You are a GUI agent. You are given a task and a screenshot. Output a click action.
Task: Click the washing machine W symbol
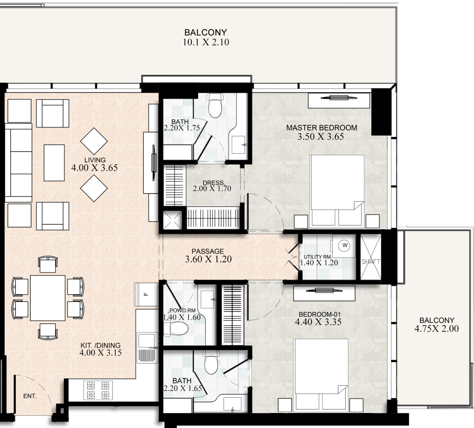click(345, 245)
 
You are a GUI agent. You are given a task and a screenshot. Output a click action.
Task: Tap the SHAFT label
click(371, 261)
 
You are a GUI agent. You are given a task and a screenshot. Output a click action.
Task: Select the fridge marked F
click(146, 294)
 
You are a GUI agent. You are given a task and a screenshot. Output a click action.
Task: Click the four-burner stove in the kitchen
click(98, 390)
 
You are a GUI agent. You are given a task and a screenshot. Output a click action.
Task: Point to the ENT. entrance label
click(30, 396)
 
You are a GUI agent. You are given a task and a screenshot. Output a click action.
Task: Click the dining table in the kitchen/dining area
click(48, 298)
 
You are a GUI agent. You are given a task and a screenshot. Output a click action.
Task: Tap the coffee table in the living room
click(54, 163)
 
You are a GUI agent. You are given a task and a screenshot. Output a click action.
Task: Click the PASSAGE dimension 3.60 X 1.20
click(208, 259)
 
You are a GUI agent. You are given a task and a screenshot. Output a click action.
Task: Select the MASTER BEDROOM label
click(322, 128)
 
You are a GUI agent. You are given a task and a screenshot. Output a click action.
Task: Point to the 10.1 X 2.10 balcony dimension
click(206, 42)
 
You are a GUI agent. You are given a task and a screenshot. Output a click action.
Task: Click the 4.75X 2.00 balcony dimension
click(436, 329)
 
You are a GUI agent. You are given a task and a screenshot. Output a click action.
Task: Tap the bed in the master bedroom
click(337, 190)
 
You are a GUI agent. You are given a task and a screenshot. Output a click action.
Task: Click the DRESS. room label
click(214, 182)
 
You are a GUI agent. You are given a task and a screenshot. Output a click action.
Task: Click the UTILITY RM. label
click(318, 257)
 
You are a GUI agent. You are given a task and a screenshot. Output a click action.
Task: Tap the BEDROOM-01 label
click(320, 314)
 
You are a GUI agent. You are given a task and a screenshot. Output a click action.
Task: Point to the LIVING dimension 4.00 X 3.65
click(94, 168)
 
